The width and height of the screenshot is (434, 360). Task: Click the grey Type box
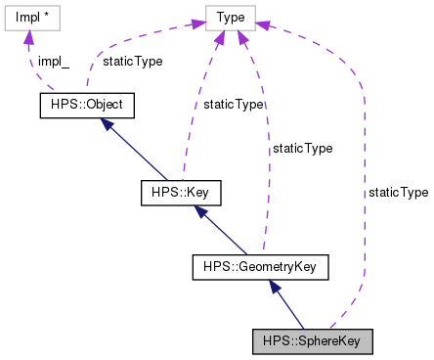pos(231,18)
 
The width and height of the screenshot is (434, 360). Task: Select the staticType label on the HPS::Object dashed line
pos(133,61)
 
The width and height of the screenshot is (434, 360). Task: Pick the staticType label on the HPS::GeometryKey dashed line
pos(302,149)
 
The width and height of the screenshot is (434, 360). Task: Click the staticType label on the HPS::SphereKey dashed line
pos(398,193)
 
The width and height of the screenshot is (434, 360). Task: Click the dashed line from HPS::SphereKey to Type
pos(364,215)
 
